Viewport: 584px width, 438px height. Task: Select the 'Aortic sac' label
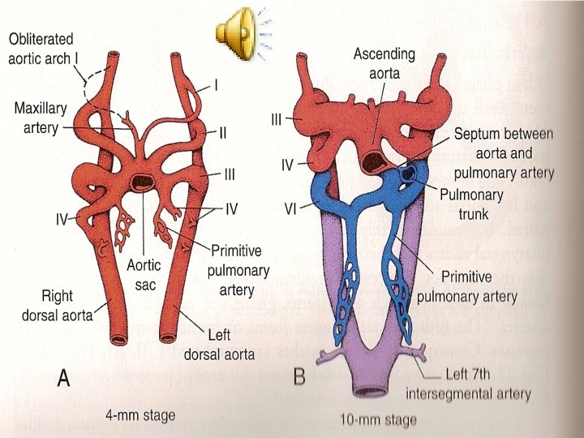click(144, 273)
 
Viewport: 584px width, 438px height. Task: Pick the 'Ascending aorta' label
click(384, 63)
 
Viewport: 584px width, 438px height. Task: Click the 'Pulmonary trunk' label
click(472, 203)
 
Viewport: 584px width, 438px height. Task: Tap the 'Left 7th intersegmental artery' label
click(468, 386)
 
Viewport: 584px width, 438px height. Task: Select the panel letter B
click(300, 379)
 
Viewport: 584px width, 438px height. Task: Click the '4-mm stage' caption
click(140, 415)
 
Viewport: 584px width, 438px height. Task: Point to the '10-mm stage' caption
click(380, 419)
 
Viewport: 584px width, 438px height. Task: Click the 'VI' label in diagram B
click(290, 208)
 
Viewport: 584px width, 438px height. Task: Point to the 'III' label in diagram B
click(277, 119)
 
